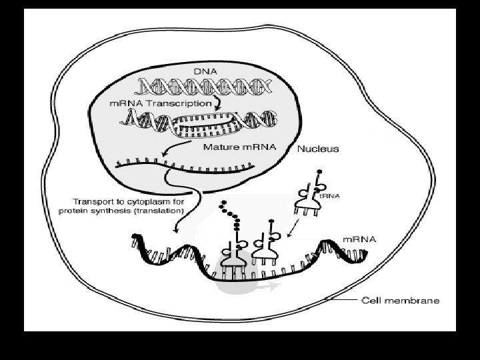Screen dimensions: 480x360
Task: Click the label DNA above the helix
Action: (204, 70)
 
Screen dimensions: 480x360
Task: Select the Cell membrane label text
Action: (400, 301)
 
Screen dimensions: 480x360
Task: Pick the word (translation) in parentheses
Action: (157, 210)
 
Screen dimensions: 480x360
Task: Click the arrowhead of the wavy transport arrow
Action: (175, 229)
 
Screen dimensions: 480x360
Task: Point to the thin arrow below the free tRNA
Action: (294, 230)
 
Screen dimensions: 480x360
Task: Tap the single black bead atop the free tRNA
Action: (319, 171)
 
